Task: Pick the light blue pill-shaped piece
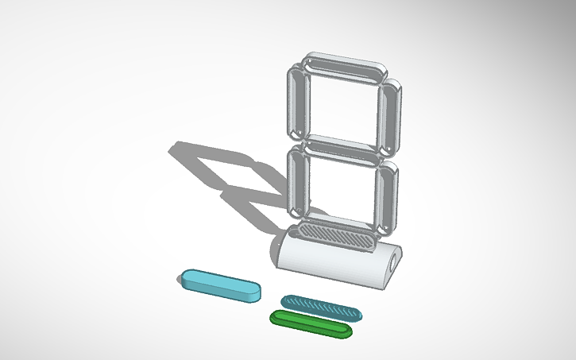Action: coord(220,284)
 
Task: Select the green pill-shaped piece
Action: coord(310,323)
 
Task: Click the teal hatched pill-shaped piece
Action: coord(322,307)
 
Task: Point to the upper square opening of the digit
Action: coord(342,107)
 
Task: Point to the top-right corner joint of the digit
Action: coord(386,77)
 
